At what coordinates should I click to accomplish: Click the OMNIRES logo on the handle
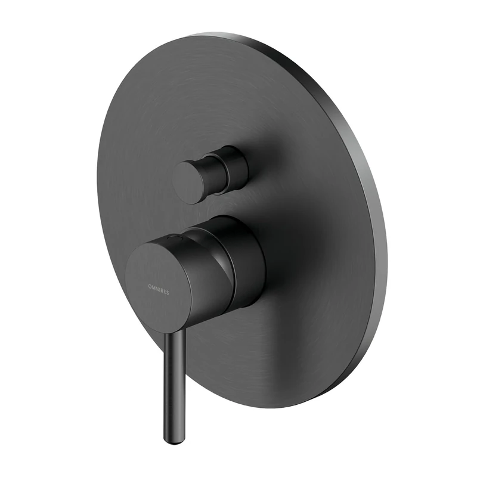pos(158,287)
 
